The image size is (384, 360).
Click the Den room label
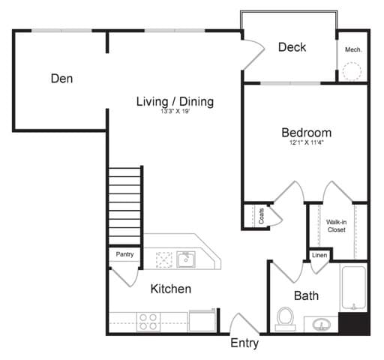point(61,78)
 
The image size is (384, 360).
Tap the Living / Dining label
point(175,101)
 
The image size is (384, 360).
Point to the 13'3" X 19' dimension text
point(175,112)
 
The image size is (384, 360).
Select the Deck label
point(292,47)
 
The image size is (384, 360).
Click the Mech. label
point(353,49)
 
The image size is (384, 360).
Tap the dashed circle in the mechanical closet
point(352,71)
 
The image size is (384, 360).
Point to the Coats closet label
point(250,215)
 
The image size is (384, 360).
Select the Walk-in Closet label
point(336,226)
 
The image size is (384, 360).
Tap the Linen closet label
point(319,256)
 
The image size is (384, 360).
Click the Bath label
point(306,295)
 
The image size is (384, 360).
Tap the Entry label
point(244,343)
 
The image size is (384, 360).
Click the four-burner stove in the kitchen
point(148,322)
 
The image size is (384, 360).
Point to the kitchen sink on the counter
point(185,259)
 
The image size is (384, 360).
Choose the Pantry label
point(124,254)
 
